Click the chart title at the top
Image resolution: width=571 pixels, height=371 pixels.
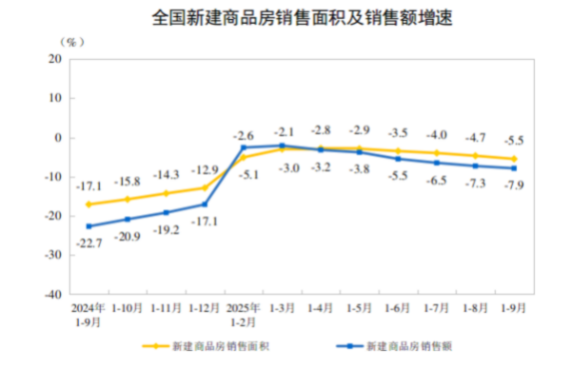pos(286,17)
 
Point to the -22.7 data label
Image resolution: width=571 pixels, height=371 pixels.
pos(88,242)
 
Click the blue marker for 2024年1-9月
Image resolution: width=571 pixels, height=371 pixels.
pos(89,226)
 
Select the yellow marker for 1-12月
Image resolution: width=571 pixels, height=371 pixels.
pos(205,187)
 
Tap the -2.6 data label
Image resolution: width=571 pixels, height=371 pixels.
pos(244,135)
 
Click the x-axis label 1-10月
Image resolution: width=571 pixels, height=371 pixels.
pos(128,309)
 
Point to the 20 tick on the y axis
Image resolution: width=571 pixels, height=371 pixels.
pos(54,59)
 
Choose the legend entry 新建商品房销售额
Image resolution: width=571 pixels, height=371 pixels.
pos(401,346)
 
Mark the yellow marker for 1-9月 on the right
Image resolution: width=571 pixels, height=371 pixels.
pos(514,159)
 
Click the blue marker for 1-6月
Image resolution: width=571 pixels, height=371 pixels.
pos(398,159)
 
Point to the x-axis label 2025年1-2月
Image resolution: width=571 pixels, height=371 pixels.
pos(244,315)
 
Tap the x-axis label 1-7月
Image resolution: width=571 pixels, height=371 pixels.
pos(437,309)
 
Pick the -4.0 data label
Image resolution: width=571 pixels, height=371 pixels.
pos(437,135)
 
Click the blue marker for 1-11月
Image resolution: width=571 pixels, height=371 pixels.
pos(166,212)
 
